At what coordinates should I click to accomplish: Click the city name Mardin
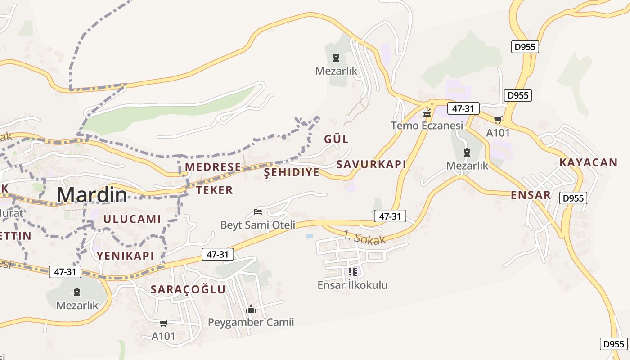(x=92, y=194)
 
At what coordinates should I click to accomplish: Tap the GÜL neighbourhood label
(x=336, y=139)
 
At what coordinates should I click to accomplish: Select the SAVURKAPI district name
(x=371, y=164)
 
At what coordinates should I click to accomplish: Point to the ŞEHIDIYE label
(x=292, y=172)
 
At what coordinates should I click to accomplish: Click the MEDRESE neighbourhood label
(x=213, y=167)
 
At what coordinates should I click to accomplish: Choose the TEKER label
(x=215, y=190)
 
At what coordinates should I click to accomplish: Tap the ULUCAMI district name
(x=132, y=219)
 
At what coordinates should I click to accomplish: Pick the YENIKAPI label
(x=125, y=256)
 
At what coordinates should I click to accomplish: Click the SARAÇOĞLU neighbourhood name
(x=188, y=289)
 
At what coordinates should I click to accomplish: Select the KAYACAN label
(x=588, y=162)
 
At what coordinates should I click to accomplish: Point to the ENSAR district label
(x=531, y=195)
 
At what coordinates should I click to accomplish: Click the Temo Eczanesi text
(x=427, y=126)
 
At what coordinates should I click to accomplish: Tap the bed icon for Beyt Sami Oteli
(x=258, y=211)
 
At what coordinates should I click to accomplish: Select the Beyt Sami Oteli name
(x=257, y=225)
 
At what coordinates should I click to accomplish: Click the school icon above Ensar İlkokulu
(x=353, y=272)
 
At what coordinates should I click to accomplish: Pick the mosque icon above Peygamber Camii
(x=251, y=309)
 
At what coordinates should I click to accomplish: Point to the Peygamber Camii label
(x=251, y=322)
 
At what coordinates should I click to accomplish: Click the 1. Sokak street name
(x=364, y=238)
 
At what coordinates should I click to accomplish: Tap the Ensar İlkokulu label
(x=352, y=285)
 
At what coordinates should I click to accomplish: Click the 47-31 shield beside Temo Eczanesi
(x=463, y=108)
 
